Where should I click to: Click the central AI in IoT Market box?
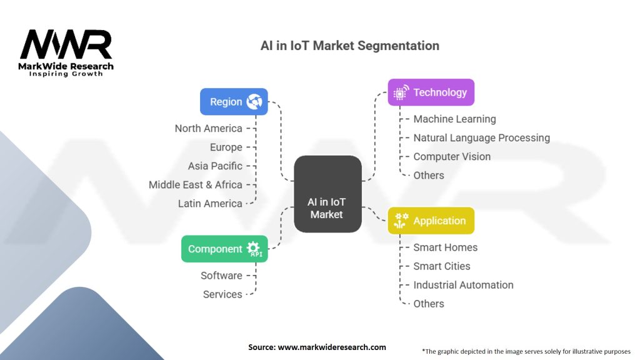(327, 194)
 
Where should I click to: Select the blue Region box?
(234, 101)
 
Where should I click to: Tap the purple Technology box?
(431, 92)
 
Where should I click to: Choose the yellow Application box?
(431, 221)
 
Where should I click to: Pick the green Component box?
(224, 249)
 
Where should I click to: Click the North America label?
(208, 128)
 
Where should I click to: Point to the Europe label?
(226, 147)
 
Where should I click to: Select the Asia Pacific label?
(215, 166)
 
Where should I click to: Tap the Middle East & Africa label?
(195, 184)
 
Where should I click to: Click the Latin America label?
(210, 203)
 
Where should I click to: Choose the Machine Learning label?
(454, 119)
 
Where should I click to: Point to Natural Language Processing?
(481, 137)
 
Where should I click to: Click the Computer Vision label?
(452, 156)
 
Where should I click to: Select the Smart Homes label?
(445, 247)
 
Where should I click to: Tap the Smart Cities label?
(441, 266)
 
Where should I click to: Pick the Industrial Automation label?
(463, 284)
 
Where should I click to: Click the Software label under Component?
(221, 275)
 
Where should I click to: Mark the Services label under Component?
(222, 294)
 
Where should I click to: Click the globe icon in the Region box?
(254, 101)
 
